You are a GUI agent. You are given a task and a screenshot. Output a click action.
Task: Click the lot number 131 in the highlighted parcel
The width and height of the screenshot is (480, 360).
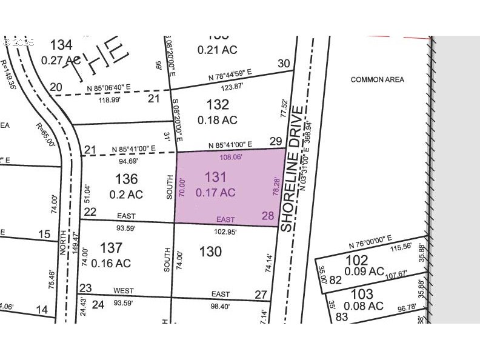(x=215, y=178)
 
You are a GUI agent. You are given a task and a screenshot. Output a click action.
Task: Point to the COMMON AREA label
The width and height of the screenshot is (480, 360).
(x=377, y=79)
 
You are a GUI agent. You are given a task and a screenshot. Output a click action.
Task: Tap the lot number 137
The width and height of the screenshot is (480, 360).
(x=111, y=248)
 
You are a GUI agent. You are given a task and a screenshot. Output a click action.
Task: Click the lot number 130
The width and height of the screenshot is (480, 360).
(x=210, y=251)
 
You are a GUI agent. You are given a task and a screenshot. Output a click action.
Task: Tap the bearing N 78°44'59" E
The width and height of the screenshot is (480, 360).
(x=230, y=77)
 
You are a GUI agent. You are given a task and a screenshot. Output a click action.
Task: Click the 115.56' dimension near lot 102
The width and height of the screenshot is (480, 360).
(x=402, y=248)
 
